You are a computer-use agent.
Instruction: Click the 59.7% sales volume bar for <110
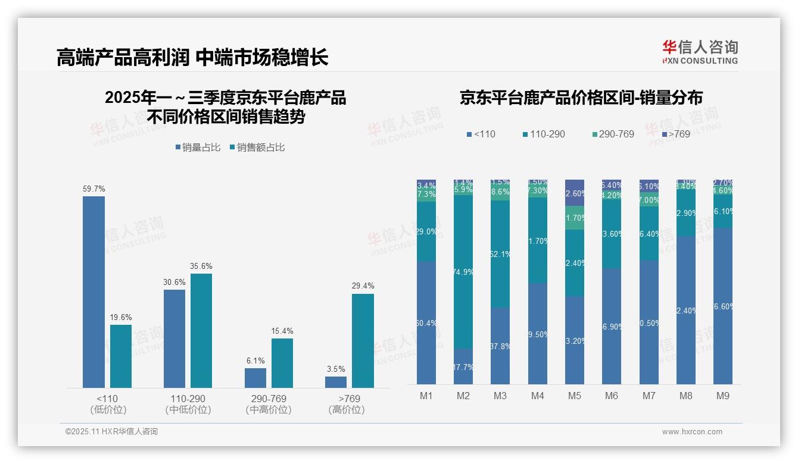coord(93,292)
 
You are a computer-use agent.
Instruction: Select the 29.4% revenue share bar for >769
coord(363,341)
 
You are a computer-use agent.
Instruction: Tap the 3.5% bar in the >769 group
coord(336,382)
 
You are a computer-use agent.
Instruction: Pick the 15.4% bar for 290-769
coord(282,363)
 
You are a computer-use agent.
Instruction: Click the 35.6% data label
coord(201,266)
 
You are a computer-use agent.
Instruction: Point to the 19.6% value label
coord(121,318)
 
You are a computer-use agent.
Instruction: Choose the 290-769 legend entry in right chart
coord(613,134)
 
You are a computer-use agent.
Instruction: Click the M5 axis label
coord(574,396)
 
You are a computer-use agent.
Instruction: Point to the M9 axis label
coord(722,396)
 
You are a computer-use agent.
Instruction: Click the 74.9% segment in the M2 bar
coord(463,272)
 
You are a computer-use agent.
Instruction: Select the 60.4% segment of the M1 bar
coord(426,323)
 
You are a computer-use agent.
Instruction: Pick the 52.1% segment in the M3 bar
coord(500,254)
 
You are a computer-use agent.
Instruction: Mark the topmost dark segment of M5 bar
coord(575,193)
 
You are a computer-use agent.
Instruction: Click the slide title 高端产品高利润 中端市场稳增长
coord(192,57)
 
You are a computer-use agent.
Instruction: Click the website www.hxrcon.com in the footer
coord(692,432)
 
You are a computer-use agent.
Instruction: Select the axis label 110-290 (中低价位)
coord(188,404)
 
